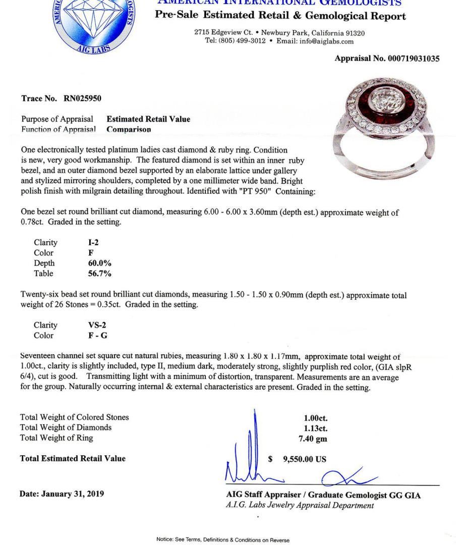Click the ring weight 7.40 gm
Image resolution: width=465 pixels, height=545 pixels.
pyautogui.click(x=313, y=439)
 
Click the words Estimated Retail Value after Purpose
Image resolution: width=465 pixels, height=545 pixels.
pyautogui.click(x=148, y=119)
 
